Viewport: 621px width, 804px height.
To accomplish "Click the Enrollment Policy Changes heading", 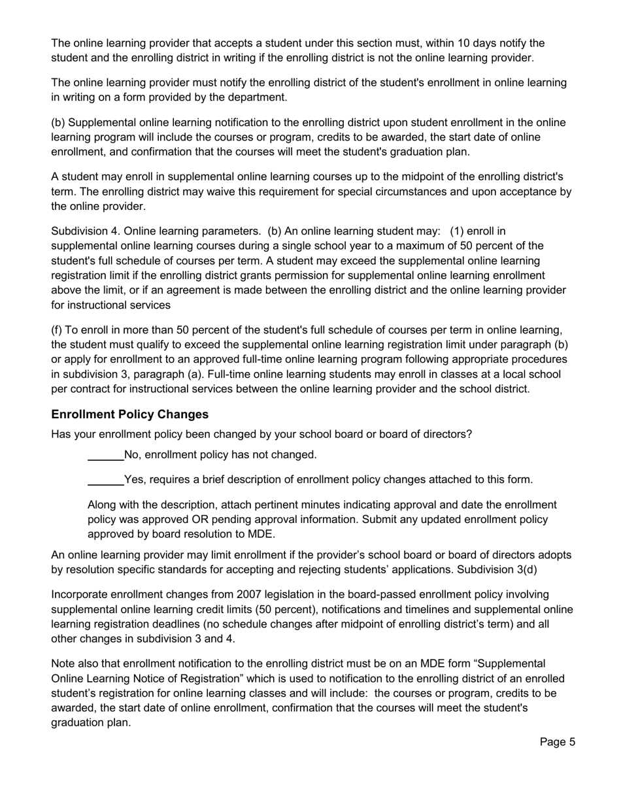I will (130, 414).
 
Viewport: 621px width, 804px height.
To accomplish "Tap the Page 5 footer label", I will (557, 742).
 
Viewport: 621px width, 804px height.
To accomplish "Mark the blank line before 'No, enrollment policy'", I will (105, 455).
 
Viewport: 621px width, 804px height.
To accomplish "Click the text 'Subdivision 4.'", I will (85, 231).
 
